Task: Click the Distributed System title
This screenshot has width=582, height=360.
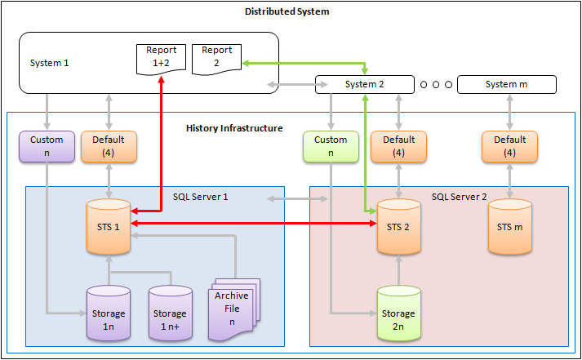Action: pos(287,12)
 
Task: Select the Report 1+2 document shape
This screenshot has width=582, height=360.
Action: pos(161,60)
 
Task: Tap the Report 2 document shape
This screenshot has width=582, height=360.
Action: pos(216,60)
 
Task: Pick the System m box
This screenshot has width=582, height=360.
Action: pos(506,84)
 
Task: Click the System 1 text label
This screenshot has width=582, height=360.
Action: pos(50,62)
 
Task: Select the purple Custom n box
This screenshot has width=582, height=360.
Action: pos(47,146)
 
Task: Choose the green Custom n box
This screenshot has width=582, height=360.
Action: pos(331,146)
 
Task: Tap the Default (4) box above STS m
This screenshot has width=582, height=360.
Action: pos(509,146)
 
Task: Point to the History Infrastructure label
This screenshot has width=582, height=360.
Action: pos(234,128)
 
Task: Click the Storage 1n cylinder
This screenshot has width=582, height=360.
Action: pos(109,313)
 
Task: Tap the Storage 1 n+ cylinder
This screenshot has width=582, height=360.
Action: pos(170,313)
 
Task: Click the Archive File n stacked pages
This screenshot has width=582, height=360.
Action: pos(233,309)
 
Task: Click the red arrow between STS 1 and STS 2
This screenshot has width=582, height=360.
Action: pos(253,222)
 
